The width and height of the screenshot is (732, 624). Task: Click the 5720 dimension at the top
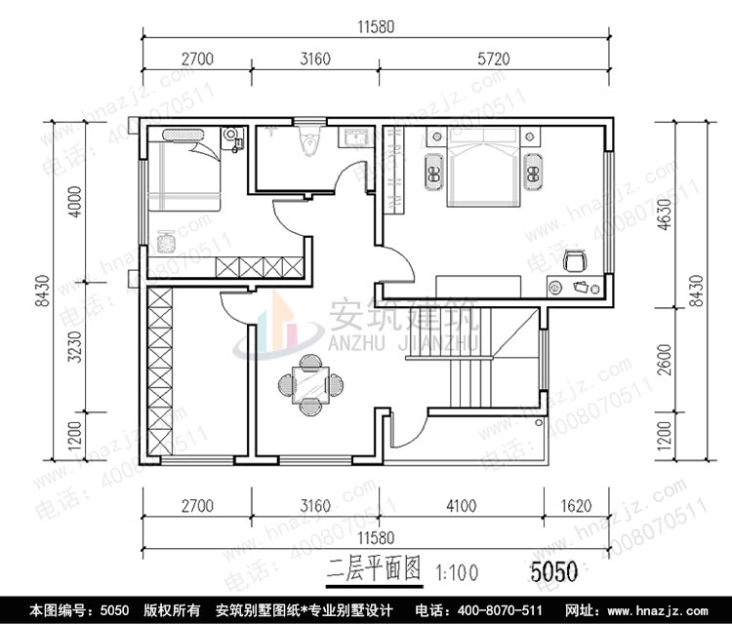point(495,59)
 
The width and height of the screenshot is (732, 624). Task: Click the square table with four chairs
point(310,382)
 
